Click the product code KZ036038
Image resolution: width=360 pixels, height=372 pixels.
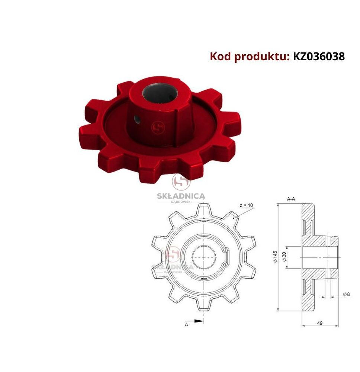[x=319, y=57]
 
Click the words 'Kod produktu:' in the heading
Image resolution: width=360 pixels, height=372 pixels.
[x=250, y=57]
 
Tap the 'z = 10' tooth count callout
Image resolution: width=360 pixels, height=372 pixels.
[x=246, y=205]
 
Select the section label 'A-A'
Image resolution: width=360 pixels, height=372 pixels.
[x=291, y=199]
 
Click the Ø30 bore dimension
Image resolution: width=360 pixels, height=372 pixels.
[x=285, y=257]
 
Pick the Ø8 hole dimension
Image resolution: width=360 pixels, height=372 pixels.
[x=347, y=294]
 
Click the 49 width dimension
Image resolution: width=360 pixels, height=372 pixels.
[x=320, y=323]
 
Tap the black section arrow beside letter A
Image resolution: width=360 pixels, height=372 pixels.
[x=199, y=321]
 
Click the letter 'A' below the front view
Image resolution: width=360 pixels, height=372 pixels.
[x=186, y=324]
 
